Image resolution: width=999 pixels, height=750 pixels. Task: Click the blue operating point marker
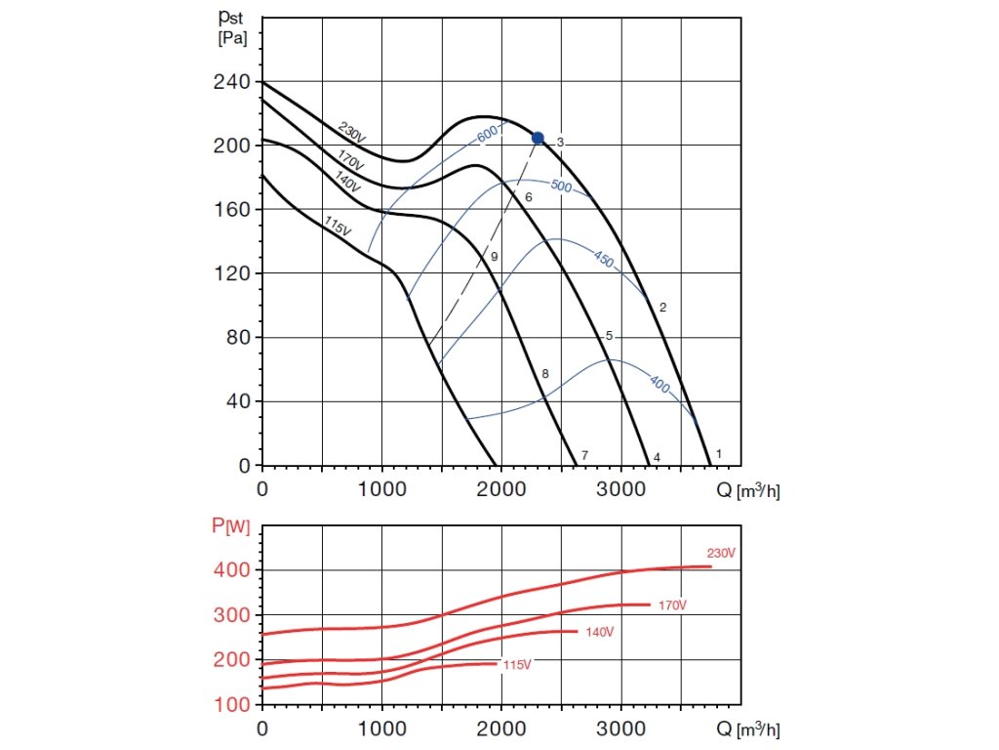point(538,138)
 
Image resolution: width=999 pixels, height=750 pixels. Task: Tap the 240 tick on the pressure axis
point(232,82)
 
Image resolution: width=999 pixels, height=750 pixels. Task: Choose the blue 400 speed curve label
point(659,386)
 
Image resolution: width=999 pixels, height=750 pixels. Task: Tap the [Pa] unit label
point(232,39)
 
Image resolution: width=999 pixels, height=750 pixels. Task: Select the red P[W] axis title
point(231,527)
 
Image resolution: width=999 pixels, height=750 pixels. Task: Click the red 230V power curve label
point(721,553)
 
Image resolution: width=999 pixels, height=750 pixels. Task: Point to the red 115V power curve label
point(517,665)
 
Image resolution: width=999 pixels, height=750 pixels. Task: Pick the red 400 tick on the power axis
point(232,569)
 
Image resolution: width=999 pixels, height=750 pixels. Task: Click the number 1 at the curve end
point(719,454)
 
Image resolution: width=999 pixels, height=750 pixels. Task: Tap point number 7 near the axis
point(584,456)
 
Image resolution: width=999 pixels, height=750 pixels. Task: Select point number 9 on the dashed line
point(495,256)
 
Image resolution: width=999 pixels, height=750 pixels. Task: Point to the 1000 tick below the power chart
point(381,729)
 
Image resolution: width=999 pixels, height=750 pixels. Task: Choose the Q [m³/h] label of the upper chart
point(748,490)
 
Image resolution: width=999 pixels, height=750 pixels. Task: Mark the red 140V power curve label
point(600,633)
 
